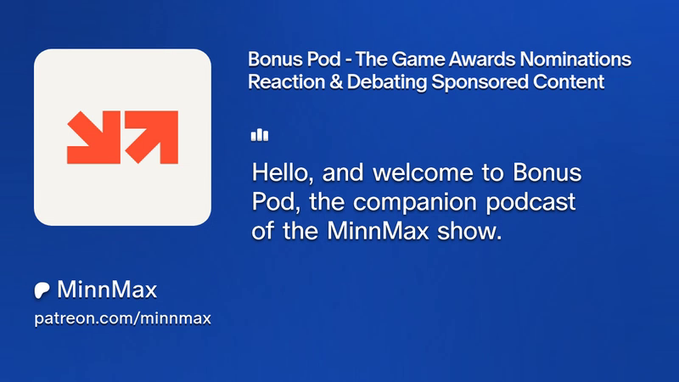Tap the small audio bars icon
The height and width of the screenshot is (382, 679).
click(x=260, y=135)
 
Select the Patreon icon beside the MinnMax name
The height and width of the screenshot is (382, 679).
click(x=42, y=290)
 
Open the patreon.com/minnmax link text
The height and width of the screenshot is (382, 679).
click(x=122, y=318)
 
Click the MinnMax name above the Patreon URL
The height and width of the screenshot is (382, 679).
click(x=107, y=289)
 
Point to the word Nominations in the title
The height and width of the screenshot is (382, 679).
click(x=575, y=59)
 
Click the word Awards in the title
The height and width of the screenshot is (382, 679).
click(x=482, y=59)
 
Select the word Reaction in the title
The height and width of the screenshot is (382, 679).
click(x=286, y=81)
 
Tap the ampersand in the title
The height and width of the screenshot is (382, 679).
click(x=336, y=81)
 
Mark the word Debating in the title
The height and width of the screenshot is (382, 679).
click(x=387, y=82)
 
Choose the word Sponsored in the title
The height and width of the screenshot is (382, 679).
click(x=480, y=82)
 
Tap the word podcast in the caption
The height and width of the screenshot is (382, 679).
click(x=530, y=203)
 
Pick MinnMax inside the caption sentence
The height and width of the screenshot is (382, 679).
click(x=378, y=231)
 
